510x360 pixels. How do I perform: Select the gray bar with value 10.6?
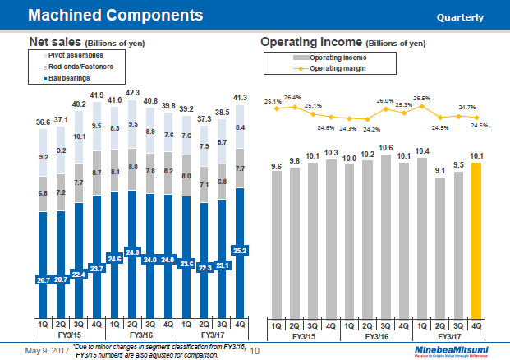(x=386, y=234)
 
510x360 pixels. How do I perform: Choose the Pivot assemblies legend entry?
(x=71, y=54)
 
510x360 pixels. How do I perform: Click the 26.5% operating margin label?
(x=422, y=99)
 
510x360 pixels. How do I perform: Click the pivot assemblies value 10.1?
(x=80, y=136)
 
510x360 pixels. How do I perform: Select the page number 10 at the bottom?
(x=254, y=351)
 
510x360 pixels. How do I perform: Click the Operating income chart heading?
(x=342, y=42)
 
